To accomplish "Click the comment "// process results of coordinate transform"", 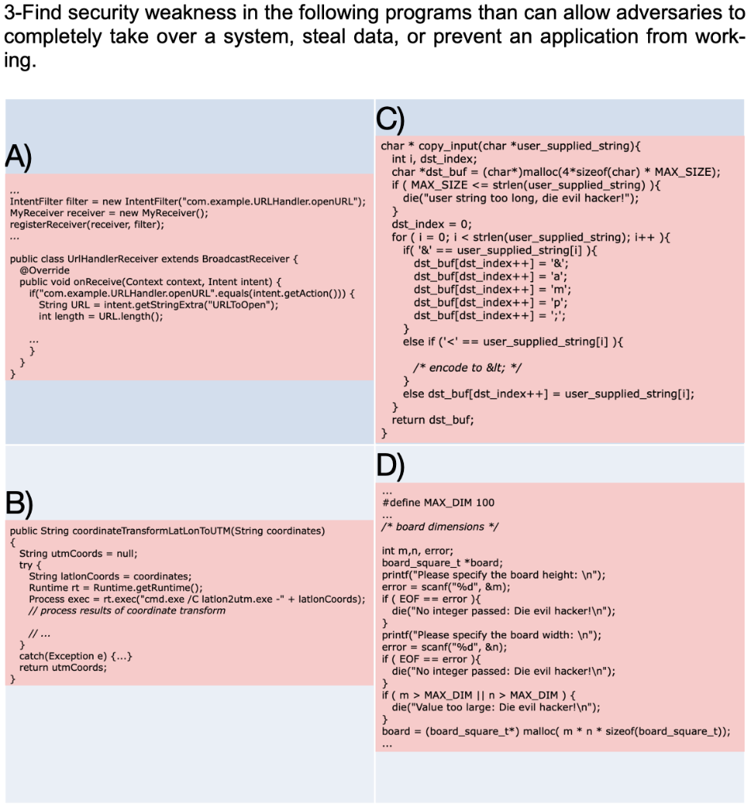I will click(127, 610).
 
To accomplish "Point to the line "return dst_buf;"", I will click(433, 421).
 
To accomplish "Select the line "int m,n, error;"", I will click(417, 550).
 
